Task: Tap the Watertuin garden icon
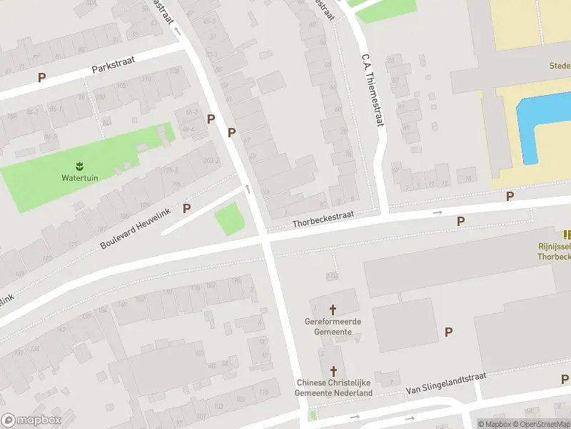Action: point(80,167)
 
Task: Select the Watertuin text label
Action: point(80,178)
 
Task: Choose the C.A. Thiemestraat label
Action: point(373,90)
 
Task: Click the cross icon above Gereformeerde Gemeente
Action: point(333,310)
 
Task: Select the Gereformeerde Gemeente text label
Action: point(333,327)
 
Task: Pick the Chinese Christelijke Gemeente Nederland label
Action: point(335,388)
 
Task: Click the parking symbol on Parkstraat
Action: point(42,77)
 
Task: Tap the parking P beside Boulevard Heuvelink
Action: point(187,208)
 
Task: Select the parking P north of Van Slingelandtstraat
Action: point(448,332)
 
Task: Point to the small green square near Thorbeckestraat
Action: point(228,218)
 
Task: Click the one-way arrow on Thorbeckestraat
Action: point(438,212)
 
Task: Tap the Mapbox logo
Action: point(31,420)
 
